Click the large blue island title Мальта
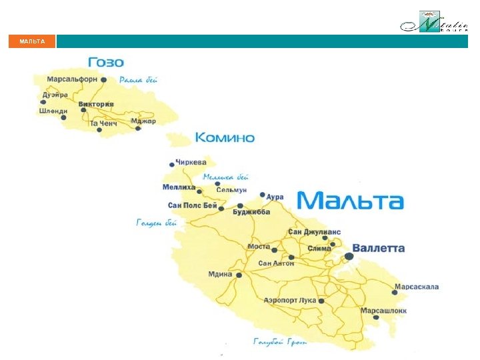[349, 201]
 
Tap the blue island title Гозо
[105, 63]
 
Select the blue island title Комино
[225, 138]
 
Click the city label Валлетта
[378, 248]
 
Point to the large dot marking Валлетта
[349, 256]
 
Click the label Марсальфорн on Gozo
[72, 79]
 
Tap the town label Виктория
[96, 105]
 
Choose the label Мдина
[221, 274]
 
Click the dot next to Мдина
[239, 275]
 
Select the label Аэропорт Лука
[289, 301]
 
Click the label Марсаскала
[417, 287]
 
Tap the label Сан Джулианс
[314, 232]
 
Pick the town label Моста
[259, 247]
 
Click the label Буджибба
[251, 212]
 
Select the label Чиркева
[191, 162]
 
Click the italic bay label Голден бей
[157, 223]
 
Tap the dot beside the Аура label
[263, 195]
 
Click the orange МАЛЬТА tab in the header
[32, 41]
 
